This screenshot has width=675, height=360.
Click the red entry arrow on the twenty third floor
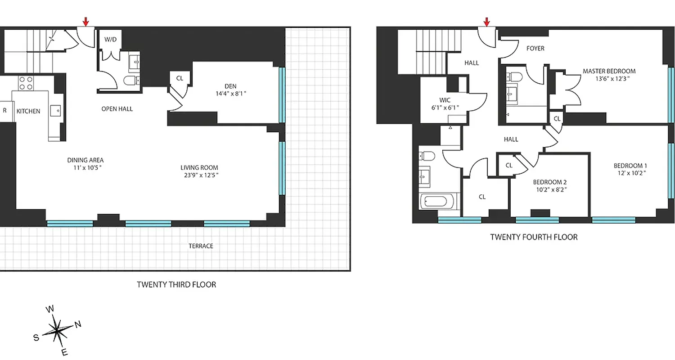[x=85, y=21]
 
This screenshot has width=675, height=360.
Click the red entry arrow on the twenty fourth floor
[x=486, y=21]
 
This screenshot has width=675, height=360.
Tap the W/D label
[x=110, y=39]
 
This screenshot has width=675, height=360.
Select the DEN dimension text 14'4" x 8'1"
[x=230, y=94]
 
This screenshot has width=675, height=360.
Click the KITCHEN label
[x=28, y=111]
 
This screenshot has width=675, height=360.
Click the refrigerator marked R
[x=5, y=111]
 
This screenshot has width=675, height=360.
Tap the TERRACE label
[x=201, y=246]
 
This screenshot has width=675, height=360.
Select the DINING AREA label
[x=85, y=160]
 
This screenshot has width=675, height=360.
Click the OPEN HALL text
[x=117, y=108]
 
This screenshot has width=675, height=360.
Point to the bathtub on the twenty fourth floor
[x=438, y=201]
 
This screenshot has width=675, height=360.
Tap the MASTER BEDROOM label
[x=609, y=71]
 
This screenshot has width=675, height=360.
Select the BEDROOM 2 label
[x=549, y=182]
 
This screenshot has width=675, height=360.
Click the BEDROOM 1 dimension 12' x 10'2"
[x=630, y=173]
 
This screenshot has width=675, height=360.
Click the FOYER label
[x=535, y=48]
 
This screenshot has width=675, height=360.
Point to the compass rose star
[x=57, y=331]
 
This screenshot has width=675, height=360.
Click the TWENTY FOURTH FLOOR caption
[x=534, y=237]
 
